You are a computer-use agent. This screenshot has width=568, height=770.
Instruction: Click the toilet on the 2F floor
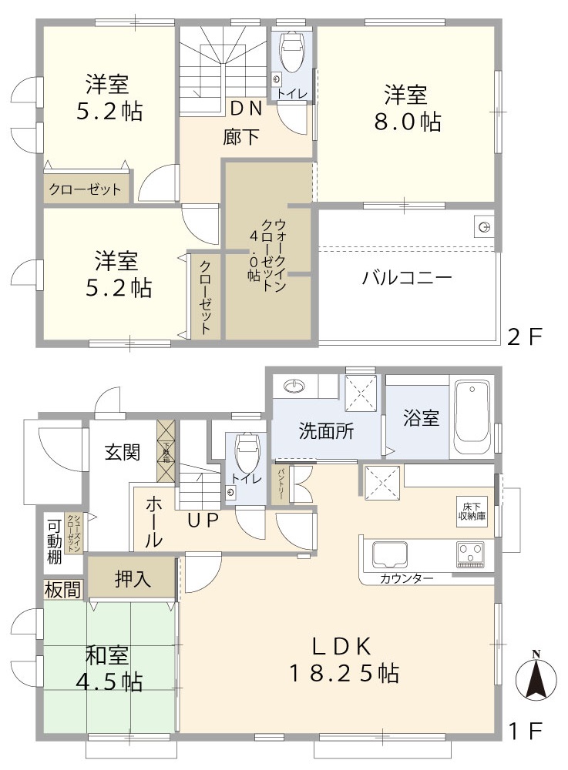pyautogui.click(x=293, y=53)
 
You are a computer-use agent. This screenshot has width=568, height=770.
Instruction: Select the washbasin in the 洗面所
pyautogui.click(x=294, y=385)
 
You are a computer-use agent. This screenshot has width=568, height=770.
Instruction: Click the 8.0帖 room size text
pyautogui.click(x=413, y=121)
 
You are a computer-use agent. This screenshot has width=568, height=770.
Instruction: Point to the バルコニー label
pyautogui.click(x=407, y=279)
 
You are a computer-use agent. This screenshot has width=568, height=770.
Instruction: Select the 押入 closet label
pyautogui.click(x=133, y=580)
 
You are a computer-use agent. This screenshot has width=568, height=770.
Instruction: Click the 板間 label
pyautogui.click(x=62, y=591)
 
